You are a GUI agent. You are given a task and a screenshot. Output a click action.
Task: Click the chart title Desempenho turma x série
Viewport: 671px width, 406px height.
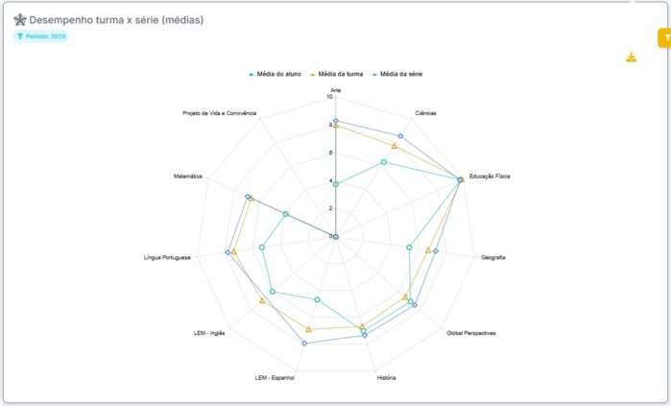click(x=115, y=19)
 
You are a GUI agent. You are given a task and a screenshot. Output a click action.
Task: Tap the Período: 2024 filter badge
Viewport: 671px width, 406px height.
click(x=41, y=36)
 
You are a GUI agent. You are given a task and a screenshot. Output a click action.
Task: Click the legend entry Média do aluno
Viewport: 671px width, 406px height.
click(x=276, y=74)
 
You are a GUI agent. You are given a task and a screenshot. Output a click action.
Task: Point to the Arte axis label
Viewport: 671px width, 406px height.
click(x=335, y=89)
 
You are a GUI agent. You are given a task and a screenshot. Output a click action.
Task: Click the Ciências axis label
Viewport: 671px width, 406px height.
click(x=425, y=113)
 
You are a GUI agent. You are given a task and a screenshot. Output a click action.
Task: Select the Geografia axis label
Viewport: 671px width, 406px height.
click(x=493, y=257)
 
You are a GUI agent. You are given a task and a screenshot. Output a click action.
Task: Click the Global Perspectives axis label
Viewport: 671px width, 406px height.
click(x=471, y=333)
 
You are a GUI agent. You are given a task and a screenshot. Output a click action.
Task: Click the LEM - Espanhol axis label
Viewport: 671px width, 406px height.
click(x=276, y=377)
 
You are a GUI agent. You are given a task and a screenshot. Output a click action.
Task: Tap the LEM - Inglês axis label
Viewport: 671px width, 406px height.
click(x=209, y=333)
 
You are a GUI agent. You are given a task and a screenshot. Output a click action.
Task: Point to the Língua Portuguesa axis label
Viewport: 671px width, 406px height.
click(x=167, y=257)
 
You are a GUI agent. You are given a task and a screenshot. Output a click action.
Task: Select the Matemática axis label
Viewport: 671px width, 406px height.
click(x=188, y=177)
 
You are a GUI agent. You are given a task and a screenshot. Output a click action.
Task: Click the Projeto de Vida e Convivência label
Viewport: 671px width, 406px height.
click(x=220, y=113)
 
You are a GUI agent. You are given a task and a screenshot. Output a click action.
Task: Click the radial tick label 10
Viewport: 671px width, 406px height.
click(x=329, y=96)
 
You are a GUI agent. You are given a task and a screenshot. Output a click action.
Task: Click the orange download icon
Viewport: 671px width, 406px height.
click(x=631, y=57)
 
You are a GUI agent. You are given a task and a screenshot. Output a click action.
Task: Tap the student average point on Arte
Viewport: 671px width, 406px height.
click(x=335, y=183)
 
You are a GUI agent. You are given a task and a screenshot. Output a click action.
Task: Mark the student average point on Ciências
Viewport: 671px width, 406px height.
click(x=384, y=162)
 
